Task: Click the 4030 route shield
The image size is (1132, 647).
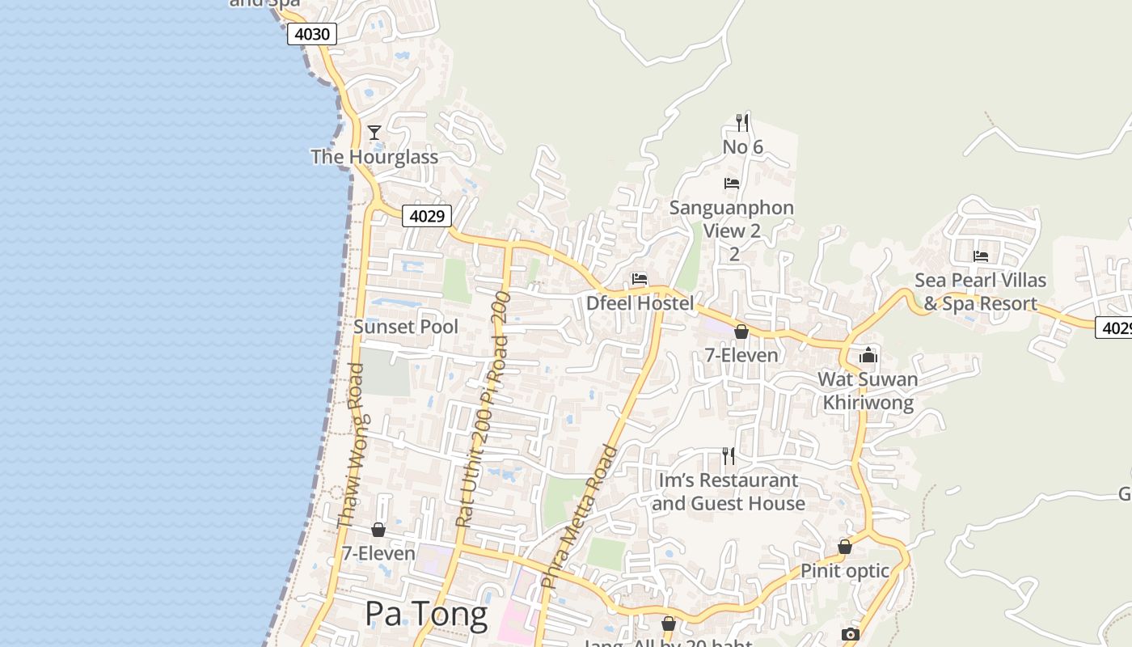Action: (311, 34)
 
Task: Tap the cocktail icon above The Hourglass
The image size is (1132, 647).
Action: (374, 132)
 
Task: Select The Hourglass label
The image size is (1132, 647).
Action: (374, 157)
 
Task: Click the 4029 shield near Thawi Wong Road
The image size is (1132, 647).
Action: (426, 216)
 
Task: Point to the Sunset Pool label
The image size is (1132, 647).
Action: (406, 327)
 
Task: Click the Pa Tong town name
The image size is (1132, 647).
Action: (426, 615)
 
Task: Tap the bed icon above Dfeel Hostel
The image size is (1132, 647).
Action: (640, 279)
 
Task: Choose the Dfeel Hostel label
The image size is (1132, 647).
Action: (640, 303)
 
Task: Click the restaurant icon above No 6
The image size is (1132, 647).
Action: (742, 122)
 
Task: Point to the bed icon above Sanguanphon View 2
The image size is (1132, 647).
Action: (732, 183)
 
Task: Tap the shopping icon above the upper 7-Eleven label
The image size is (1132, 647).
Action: (741, 332)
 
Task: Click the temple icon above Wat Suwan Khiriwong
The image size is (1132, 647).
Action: (868, 355)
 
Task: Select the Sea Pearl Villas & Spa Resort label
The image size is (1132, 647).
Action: (981, 292)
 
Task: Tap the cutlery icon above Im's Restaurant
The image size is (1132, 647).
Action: (729, 456)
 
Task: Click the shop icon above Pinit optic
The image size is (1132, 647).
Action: (845, 548)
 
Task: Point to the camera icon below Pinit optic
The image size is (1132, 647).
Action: (850, 634)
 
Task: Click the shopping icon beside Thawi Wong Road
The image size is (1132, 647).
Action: (378, 530)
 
